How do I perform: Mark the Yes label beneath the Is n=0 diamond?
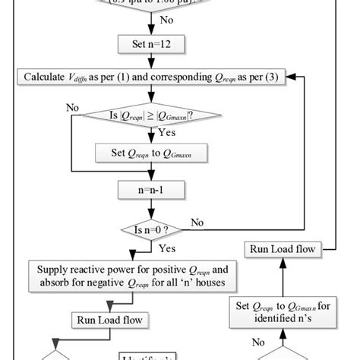click(x=169, y=248)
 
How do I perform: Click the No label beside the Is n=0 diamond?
click(x=197, y=223)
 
